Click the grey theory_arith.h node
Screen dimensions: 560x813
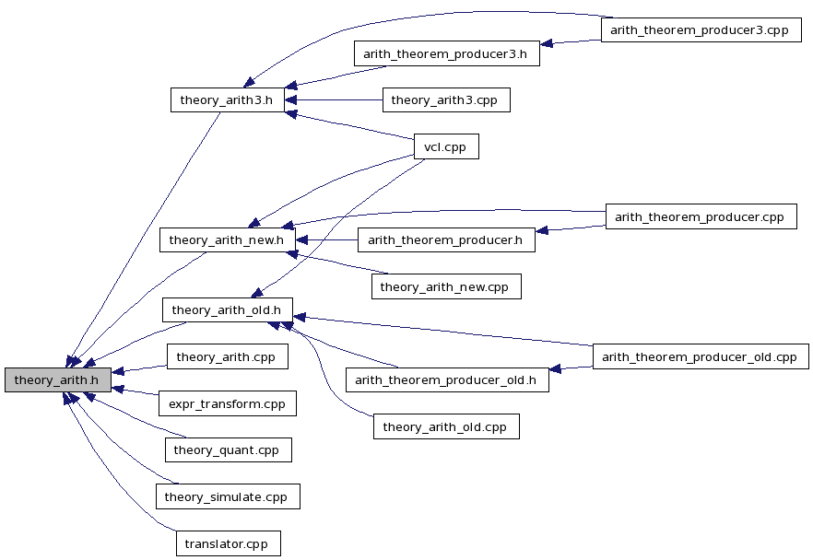coord(58,379)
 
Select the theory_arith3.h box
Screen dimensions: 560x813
coord(226,99)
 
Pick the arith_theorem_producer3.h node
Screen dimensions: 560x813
coord(445,53)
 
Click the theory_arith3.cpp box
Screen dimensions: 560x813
coord(446,99)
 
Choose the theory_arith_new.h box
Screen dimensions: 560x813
coord(227,240)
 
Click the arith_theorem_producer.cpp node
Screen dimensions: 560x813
coord(700,216)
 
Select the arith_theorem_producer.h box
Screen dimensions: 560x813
coord(445,240)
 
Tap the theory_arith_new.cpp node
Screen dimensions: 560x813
coord(446,286)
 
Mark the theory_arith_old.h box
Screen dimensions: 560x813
coord(227,310)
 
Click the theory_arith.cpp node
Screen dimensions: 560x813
coord(227,356)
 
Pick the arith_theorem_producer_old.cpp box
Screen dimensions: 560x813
coord(700,356)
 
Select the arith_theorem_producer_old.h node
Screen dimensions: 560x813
coord(446,379)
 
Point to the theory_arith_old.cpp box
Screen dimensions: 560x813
coord(446,426)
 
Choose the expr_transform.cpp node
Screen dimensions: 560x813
coord(227,403)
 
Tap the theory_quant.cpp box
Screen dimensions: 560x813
coord(228,449)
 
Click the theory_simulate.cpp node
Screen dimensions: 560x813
coord(227,497)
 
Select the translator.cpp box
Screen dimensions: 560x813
coord(227,543)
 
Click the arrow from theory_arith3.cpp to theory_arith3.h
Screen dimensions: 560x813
coord(336,99)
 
